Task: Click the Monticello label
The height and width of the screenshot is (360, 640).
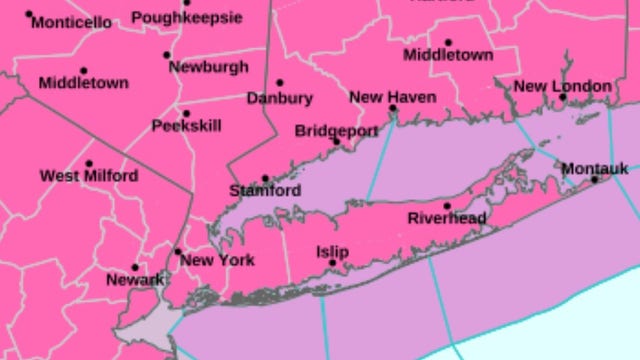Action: click(71, 22)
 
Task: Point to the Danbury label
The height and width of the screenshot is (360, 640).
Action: click(279, 98)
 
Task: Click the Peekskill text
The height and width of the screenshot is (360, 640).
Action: click(186, 126)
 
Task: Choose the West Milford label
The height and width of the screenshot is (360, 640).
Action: click(89, 176)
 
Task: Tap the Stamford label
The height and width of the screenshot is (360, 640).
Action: click(265, 190)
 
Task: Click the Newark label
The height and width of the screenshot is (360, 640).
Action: click(135, 280)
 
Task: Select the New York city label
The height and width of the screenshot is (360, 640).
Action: click(217, 260)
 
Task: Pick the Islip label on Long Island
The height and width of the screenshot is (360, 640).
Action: click(332, 252)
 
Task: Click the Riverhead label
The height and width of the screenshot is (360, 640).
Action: click(447, 218)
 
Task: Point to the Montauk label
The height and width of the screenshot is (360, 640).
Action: click(595, 168)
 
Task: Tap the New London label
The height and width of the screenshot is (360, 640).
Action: click(562, 86)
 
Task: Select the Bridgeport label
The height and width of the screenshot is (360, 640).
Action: click(336, 131)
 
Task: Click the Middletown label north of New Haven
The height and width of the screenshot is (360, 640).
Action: click(448, 56)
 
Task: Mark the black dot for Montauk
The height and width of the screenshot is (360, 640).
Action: click(595, 180)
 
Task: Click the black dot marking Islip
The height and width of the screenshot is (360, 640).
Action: click(332, 264)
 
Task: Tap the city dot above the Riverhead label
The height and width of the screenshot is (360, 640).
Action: click(447, 206)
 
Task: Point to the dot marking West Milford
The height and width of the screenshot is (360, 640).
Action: click(89, 164)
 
